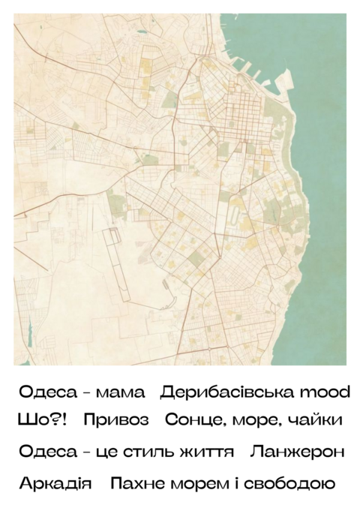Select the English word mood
click(x=324, y=392)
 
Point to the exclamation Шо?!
click(x=42, y=420)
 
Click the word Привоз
click(x=116, y=420)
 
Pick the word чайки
click(x=315, y=420)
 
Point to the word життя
click(x=206, y=452)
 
